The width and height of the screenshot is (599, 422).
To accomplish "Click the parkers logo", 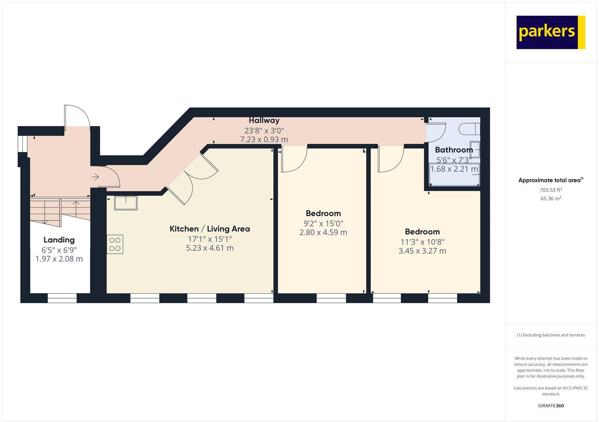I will click(x=550, y=32).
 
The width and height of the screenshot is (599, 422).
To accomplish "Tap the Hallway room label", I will click(x=264, y=120).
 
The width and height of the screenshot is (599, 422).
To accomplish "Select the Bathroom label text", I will click(x=454, y=150).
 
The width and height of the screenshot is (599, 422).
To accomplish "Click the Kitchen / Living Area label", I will click(x=210, y=229).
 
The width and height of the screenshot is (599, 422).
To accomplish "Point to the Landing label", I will click(x=59, y=240).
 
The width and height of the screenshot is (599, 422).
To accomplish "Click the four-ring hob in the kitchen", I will click(x=115, y=244).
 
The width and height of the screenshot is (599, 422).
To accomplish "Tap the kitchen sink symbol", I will click(x=125, y=203).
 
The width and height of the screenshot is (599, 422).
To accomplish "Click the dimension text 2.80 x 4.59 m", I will click(x=323, y=232).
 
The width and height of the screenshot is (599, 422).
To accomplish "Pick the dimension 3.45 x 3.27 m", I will click(x=422, y=251).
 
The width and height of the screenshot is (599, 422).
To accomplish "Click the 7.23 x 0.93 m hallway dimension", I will click(x=264, y=140).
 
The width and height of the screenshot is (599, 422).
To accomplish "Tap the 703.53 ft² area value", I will click(x=551, y=190).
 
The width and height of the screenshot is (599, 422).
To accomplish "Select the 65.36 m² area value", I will click(x=551, y=199).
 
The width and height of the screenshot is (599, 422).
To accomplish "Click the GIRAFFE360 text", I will click(x=551, y=406).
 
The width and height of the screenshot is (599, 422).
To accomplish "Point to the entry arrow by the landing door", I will click(x=95, y=177).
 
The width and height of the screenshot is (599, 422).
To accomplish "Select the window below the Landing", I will click(x=62, y=298).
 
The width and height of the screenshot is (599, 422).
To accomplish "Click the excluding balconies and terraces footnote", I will click(x=551, y=335).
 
